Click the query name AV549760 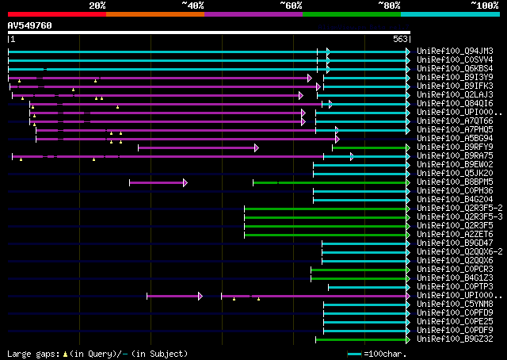pyautogui.click(x=30, y=25)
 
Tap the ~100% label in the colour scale pyautogui.click(x=483, y=6)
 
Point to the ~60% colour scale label pyautogui.click(x=291, y=6)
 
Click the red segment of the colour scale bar pyautogui.click(x=56, y=14)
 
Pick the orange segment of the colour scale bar pyautogui.click(x=154, y=14)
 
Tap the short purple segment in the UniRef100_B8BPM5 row pyautogui.click(x=158, y=182)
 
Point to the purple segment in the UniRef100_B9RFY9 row pyautogui.click(x=198, y=147)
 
